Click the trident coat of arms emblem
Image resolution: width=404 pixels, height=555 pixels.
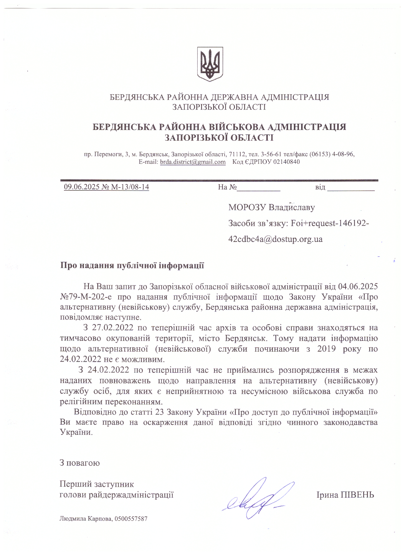click(210, 64)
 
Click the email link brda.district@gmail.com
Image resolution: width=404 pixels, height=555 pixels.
click(193, 162)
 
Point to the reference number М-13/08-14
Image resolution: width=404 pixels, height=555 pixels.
click(130, 187)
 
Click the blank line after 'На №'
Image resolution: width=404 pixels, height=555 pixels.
click(259, 189)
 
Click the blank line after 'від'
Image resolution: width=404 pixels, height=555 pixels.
click(350, 189)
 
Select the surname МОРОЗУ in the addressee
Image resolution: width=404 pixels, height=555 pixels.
click(247, 207)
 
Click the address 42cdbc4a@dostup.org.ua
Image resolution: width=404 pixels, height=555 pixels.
click(275, 239)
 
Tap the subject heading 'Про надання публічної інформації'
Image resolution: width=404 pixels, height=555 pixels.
click(132, 265)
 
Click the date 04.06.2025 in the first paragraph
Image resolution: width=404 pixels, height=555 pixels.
click(358, 287)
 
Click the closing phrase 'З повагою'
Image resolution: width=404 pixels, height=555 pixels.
click(80, 463)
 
